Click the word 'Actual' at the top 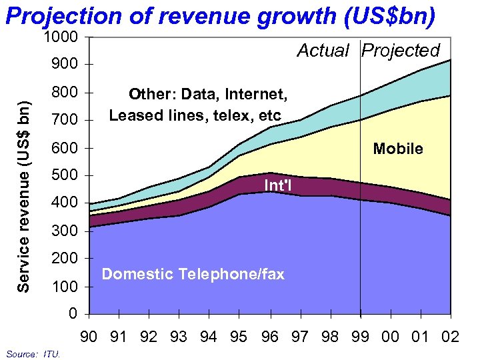point(323,51)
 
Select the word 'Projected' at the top point(401,51)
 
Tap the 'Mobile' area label point(398,149)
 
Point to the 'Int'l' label point(278,185)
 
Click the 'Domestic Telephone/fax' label point(193,274)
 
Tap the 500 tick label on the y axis point(64,175)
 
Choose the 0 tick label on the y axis point(73,314)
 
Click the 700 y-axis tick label point(64,120)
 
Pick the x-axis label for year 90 point(89,337)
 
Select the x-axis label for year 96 point(269,337)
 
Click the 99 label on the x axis point(360,337)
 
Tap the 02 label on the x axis point(450,337)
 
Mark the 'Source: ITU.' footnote point(33,354)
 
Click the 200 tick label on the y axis point(64,259)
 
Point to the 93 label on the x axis point(179,337)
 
